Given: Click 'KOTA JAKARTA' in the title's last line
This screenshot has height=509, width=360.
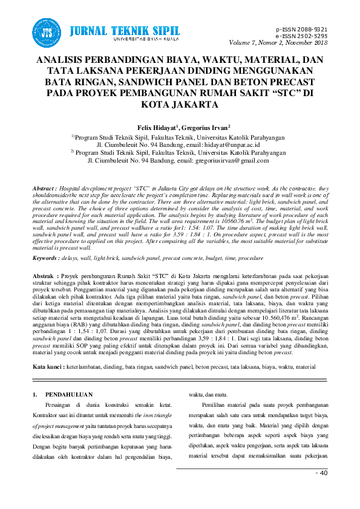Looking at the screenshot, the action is [x=180, y=105].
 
